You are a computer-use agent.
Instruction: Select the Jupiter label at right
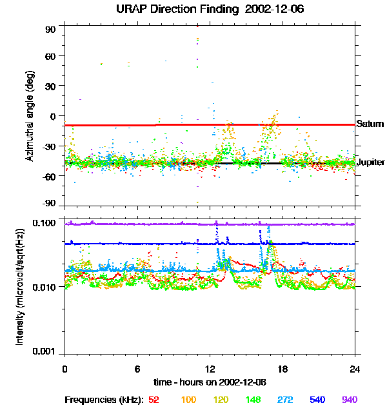click(371, 162)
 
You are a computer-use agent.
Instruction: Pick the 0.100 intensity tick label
click(45, 223)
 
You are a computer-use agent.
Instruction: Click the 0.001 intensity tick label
click(45, 351)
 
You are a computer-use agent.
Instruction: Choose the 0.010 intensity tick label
click(45, 287)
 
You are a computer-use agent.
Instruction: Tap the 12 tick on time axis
click(210, 368)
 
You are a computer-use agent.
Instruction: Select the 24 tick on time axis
click(355, 368)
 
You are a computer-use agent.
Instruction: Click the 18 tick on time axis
click(283, 368)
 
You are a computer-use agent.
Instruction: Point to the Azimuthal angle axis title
click(29, 117)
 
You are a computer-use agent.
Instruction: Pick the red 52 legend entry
click(154, 400)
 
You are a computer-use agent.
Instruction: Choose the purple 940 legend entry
click(349, 400)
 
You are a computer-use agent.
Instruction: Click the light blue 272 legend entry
click(285, 400)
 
